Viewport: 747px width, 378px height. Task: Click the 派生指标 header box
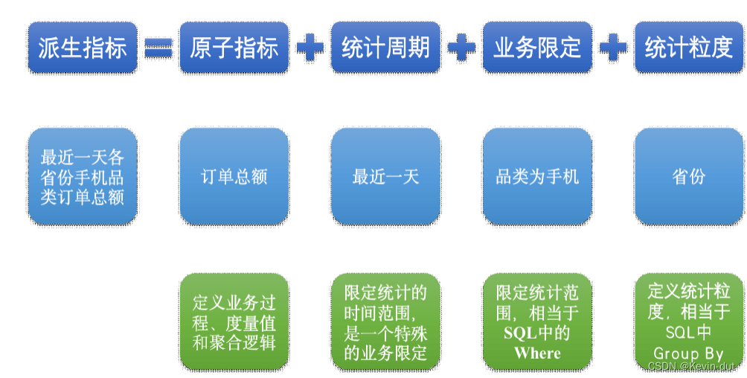(83, 47)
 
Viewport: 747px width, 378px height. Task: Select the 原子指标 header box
(234, 47)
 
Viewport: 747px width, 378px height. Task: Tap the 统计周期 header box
(385, 47)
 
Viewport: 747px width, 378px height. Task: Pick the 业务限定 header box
(537, 47)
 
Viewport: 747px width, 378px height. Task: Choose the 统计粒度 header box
(689, 47)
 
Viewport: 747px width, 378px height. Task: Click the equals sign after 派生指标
(158, 48)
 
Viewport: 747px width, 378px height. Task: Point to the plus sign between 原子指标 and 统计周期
(310, 48)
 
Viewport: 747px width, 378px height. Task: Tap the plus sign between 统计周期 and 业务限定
(461, 48)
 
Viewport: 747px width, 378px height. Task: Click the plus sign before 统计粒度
(613, 48)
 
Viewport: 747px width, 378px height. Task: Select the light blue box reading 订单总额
(234, 176)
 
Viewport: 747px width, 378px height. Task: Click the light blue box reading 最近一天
(385, 176)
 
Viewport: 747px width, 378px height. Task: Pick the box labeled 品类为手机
(537, 176)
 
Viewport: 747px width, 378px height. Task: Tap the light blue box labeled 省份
(689, 176)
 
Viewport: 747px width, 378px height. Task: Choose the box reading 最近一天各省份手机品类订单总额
(83, 176)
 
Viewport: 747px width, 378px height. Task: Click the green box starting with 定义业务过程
(234, 321)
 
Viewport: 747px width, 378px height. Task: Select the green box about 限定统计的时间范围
(385, 321)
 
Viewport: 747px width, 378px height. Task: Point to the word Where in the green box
(537, 353)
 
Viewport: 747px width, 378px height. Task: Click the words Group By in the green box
(688, 353)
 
